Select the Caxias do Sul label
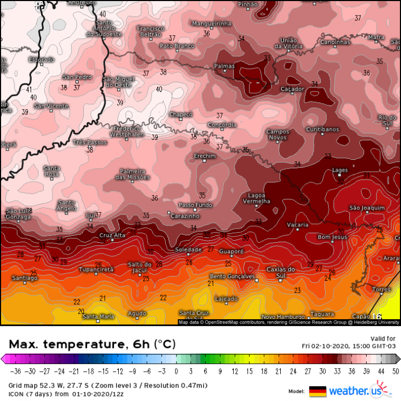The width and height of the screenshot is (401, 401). (281, 272)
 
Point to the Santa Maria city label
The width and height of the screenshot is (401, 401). (98, 317)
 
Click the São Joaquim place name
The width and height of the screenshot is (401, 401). (366, 207)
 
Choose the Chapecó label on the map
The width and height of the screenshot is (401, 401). (181, 114)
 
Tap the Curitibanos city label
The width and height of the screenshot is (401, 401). (322, 129)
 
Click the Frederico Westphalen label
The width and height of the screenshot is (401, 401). (126, 132)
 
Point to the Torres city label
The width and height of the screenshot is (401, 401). (381, 289)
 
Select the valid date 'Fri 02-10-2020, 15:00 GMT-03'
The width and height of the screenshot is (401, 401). (349, 345)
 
